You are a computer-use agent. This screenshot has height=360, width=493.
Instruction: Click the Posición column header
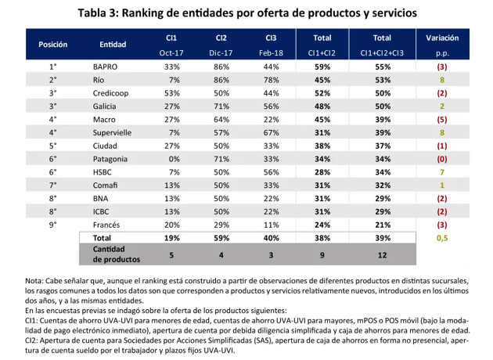point(52,45)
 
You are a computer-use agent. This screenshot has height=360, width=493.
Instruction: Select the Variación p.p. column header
point(442,45)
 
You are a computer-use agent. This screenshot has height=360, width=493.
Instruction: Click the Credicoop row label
point(111,92)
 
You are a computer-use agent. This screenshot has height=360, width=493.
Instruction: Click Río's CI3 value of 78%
point(270,80)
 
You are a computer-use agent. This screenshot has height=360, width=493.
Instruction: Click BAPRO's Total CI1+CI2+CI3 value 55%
point(382,67)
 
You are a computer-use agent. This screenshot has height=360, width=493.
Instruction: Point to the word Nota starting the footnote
point(34,280)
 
